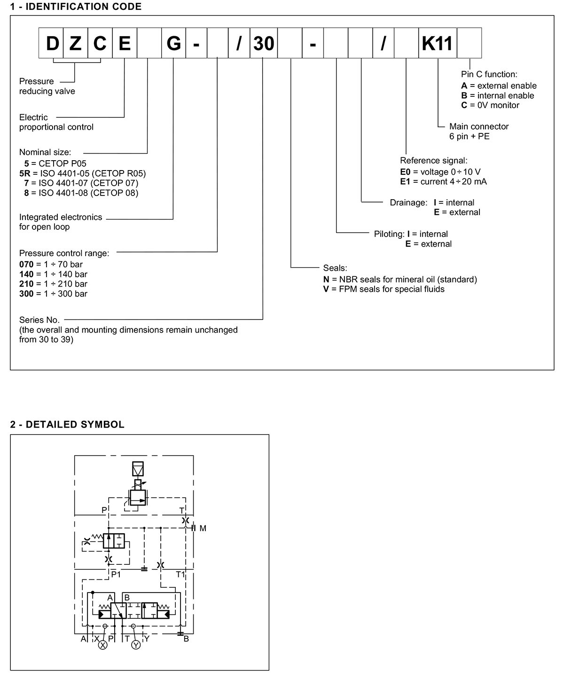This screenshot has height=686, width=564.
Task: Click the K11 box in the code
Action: point(438,43)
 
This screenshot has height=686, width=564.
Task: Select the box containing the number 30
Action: point(264,43)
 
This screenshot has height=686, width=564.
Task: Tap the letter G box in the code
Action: point(173,43)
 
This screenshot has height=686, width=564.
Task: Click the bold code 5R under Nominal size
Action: point(25,173)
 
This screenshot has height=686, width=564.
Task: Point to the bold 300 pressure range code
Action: point(26,294)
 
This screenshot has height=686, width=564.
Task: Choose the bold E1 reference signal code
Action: point(405,181)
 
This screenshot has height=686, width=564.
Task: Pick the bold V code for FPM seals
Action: point(326,289)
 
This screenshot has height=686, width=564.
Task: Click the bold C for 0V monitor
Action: point(464,105)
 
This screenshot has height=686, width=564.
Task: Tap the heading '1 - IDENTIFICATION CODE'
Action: point(76,7)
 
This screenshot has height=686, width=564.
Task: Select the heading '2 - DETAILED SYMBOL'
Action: point(67,424)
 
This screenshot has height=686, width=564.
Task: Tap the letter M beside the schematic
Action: point(203,529)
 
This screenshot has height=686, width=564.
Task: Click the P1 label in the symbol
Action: point(116,575)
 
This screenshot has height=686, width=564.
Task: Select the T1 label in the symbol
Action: point(180,575)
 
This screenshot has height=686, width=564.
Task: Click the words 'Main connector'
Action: point(479,126)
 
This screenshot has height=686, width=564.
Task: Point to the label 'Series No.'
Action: point(39,320)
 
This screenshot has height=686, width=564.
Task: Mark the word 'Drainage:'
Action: point(408,203)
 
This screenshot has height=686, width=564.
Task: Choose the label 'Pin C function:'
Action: point(489,74)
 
